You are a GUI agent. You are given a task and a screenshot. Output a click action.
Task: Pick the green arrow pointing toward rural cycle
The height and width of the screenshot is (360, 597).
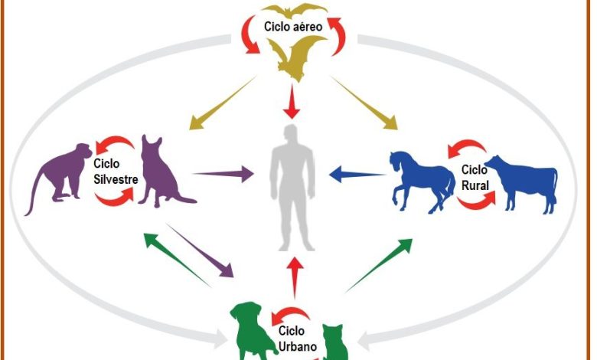point(379,264)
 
